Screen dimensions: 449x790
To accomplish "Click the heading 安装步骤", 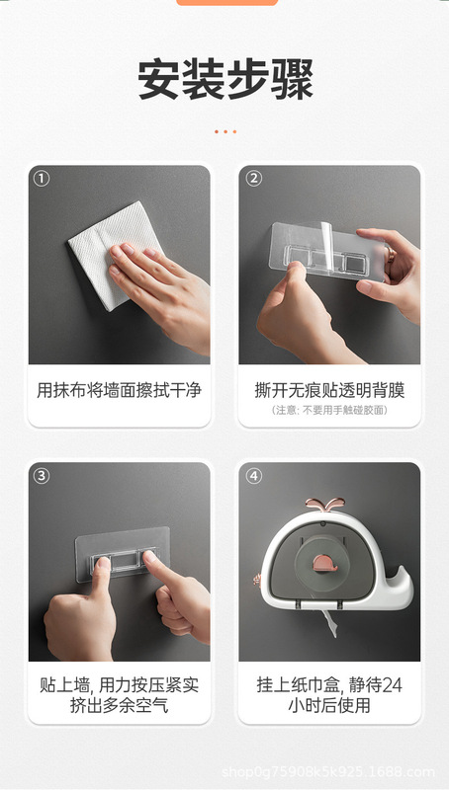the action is [x=225, y=80].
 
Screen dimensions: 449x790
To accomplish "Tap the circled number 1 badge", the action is [x=41, y=179].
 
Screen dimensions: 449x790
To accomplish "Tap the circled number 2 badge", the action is [x=253, y=179].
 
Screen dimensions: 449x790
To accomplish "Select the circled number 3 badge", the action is [x=41, y=476].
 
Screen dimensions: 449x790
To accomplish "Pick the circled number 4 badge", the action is [x=253, y=476].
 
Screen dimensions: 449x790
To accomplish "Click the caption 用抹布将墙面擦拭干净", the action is [x=119, y=390].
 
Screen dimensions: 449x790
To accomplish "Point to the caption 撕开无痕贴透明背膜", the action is [x=329, y=390].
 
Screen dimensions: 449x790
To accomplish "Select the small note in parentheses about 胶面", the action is [x=329, y=410].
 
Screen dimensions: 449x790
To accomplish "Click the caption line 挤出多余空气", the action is [x=119, y=705].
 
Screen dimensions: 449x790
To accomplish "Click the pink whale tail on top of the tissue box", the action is [x=325, y=504].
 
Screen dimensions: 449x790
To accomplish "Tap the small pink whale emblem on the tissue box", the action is [x=325, y=563].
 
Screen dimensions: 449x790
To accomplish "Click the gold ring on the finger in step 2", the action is [x=390, y=255].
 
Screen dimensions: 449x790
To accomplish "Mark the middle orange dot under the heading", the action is [x=225, y=131].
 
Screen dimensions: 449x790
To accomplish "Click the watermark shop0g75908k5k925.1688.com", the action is [x=328, y=772].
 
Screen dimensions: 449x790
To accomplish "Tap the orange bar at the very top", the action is [x=227, y=3].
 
